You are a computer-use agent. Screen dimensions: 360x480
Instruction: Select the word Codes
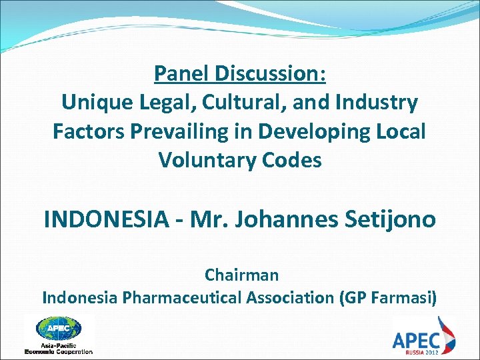pos(293,161)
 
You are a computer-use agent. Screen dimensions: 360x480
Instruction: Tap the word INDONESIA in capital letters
pos(106,219)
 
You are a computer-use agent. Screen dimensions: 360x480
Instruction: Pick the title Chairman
pos(241,274)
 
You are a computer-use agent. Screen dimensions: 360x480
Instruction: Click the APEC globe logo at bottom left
pos(59,329)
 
